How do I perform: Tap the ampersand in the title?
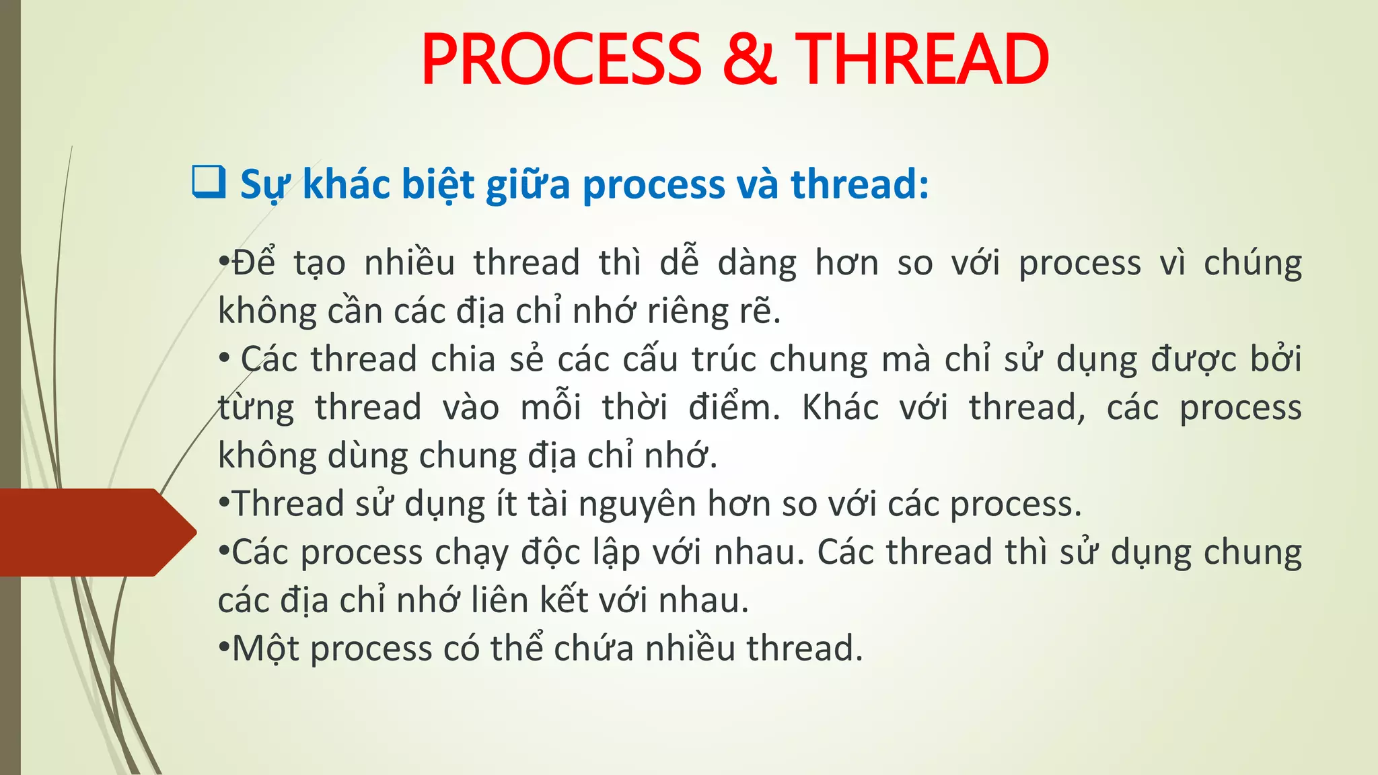tap(749, 60)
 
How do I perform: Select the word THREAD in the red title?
tap(922, 60)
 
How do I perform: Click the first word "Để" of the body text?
tap(253, 262)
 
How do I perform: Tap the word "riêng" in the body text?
tap(686, 311)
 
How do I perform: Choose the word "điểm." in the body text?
tap(734, 407)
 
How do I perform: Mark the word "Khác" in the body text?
tap(840, 407)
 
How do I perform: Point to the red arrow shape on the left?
tap(94, 532)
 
